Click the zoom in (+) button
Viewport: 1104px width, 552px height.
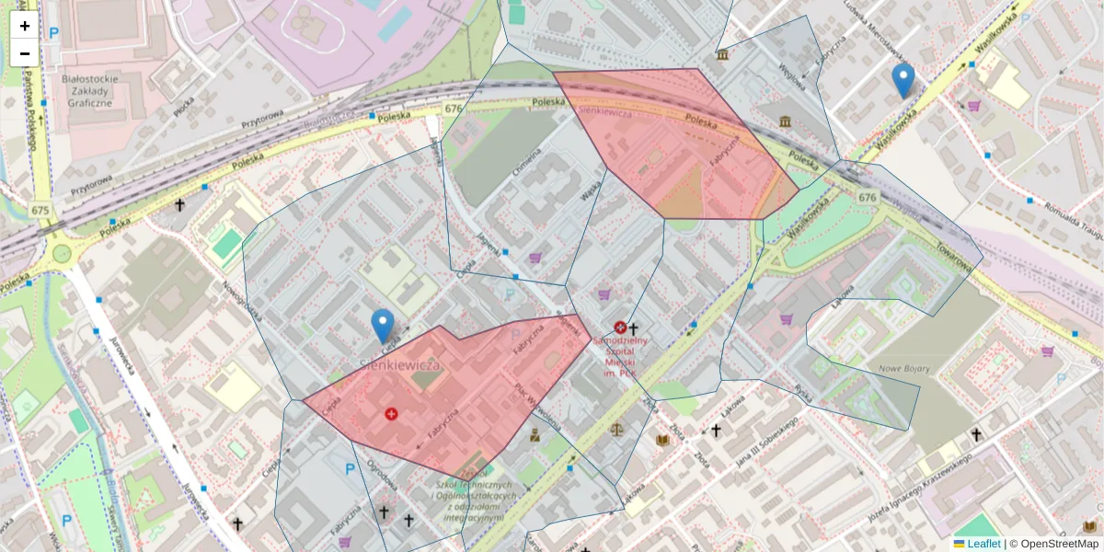click(25, 26)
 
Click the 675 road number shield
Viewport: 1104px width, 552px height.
click(40, 210)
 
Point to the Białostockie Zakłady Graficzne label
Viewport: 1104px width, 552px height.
click(86, 91)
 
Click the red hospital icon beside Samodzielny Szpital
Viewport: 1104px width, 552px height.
click(620, 328)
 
